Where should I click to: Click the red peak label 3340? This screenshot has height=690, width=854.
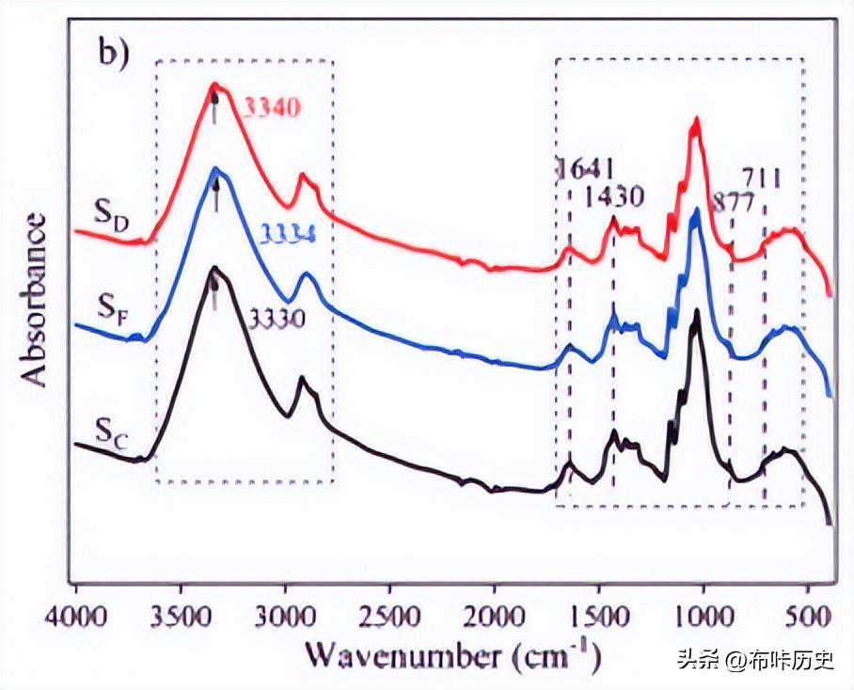(x=273, y=108)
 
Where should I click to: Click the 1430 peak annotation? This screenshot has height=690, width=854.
(x=614, y=197)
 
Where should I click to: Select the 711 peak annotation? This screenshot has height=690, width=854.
(x=763, y=177)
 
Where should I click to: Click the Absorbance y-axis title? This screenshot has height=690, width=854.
(x=36, y=299)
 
